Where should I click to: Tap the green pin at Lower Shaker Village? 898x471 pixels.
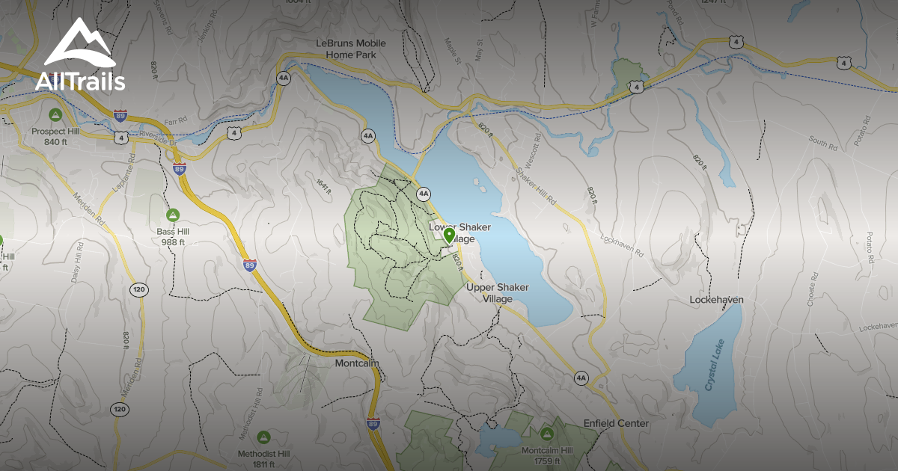[x=449, y=236]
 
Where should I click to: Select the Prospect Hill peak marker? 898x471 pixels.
[x=55, y=115]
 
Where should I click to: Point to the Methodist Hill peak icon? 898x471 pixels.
[x=263, y=437]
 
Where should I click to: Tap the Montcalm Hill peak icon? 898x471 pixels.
[x=546, y=434]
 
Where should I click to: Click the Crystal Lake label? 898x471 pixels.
[x=717, y=370]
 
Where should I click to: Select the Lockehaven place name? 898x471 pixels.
[x=716, y=300]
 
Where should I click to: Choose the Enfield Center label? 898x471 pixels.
[x=617, y=423]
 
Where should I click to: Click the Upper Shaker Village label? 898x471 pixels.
[x=497, y=293]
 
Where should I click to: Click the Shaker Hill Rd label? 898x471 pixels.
[x=537, y=185]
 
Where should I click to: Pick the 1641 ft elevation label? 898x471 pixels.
[x=323, y=184]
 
